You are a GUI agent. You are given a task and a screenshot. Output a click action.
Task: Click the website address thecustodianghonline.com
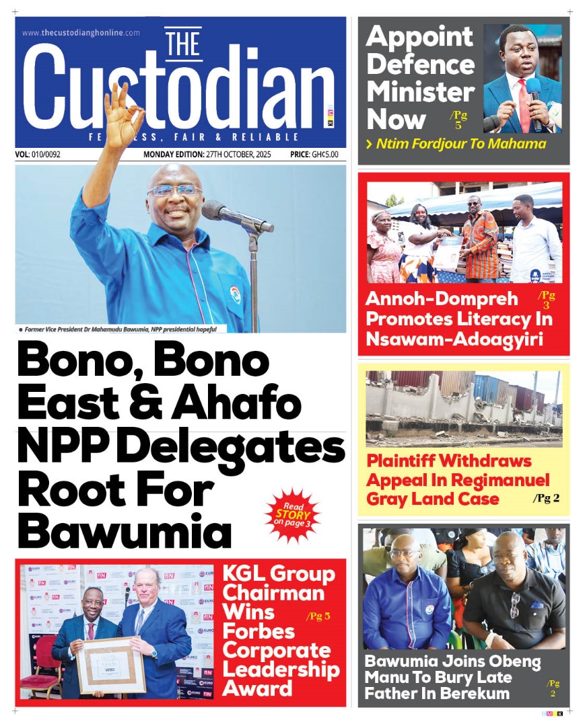pyautogui.click(x=81, y=32)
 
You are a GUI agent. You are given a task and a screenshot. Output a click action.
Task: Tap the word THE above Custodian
pyautogui.click(x=183, y=44)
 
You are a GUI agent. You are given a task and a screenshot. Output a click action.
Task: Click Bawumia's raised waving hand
pyautogui.click(x=124, y=110)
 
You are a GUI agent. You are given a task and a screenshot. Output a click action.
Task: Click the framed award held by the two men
pyautogui.click(x=110, y=665)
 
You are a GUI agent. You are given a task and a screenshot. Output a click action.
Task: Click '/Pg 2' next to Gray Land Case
pyautogui.click(x=547, y=499)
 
